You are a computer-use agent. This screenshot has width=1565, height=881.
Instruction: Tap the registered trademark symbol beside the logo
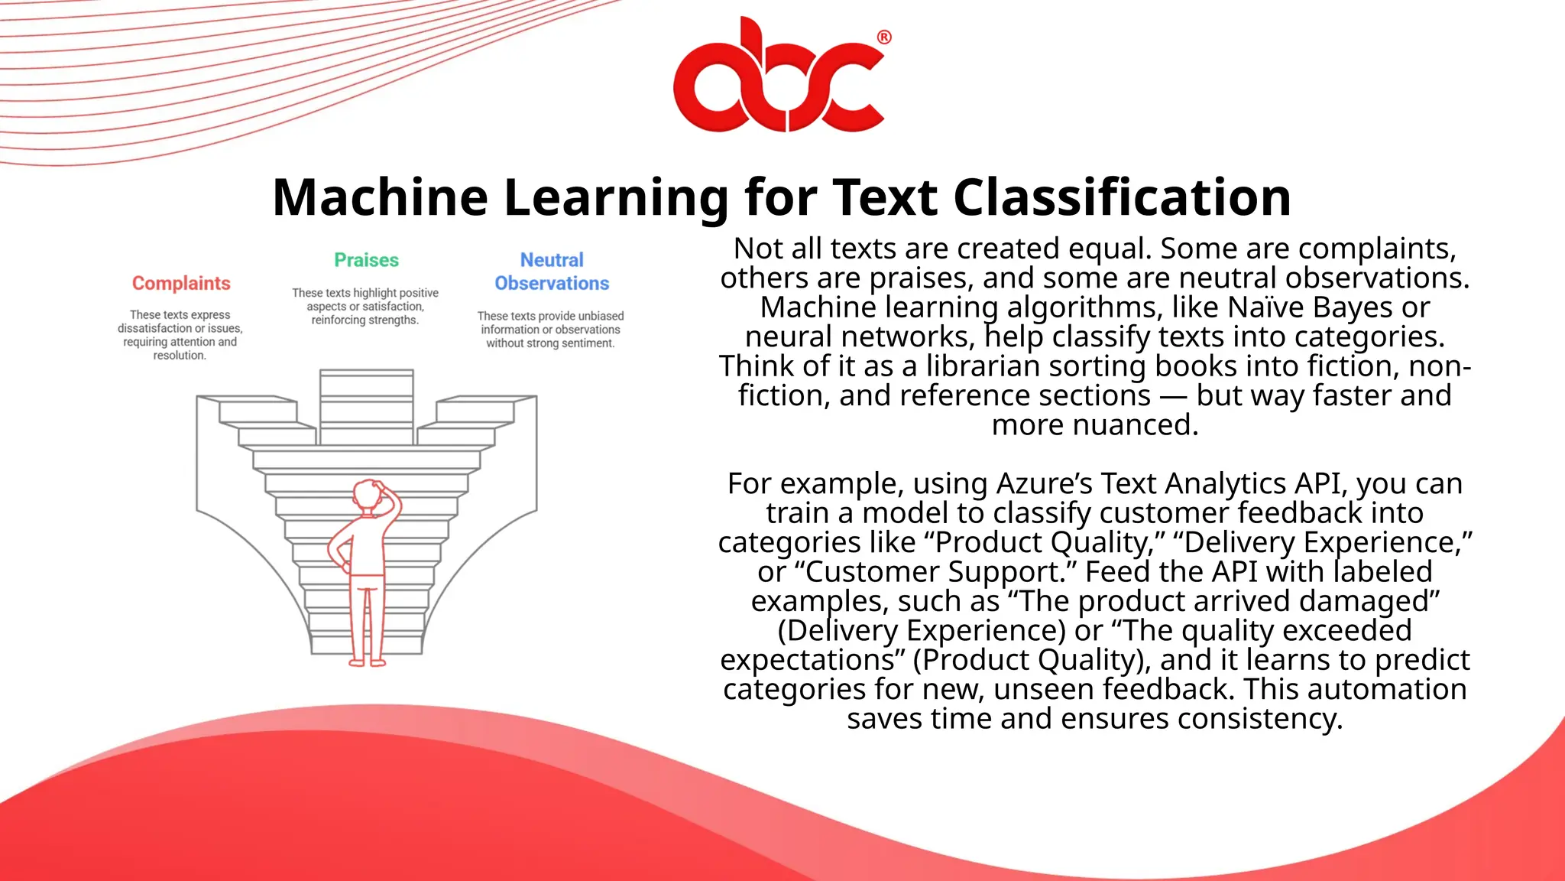click(x=883, y=37)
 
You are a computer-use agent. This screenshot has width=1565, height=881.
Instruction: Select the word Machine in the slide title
click(x=380, y=197)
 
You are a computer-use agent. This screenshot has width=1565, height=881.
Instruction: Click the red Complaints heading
click(x=181, y=283)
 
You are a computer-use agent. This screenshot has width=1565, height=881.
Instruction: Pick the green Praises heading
click(x=366, y=260)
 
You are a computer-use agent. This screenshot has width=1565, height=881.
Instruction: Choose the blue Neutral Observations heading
click(x=552, y=271)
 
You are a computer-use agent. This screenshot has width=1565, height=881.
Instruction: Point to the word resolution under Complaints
click(x=180, y=356)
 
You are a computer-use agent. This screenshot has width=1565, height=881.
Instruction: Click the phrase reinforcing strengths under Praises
click(x=365, y=320)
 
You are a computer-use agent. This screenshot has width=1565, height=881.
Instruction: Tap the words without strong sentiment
click(x=550, y=343)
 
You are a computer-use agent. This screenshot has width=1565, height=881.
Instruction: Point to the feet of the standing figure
click(x=368, y=662)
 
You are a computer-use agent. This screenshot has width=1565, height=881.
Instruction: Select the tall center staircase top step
click(x=366, y=375)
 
